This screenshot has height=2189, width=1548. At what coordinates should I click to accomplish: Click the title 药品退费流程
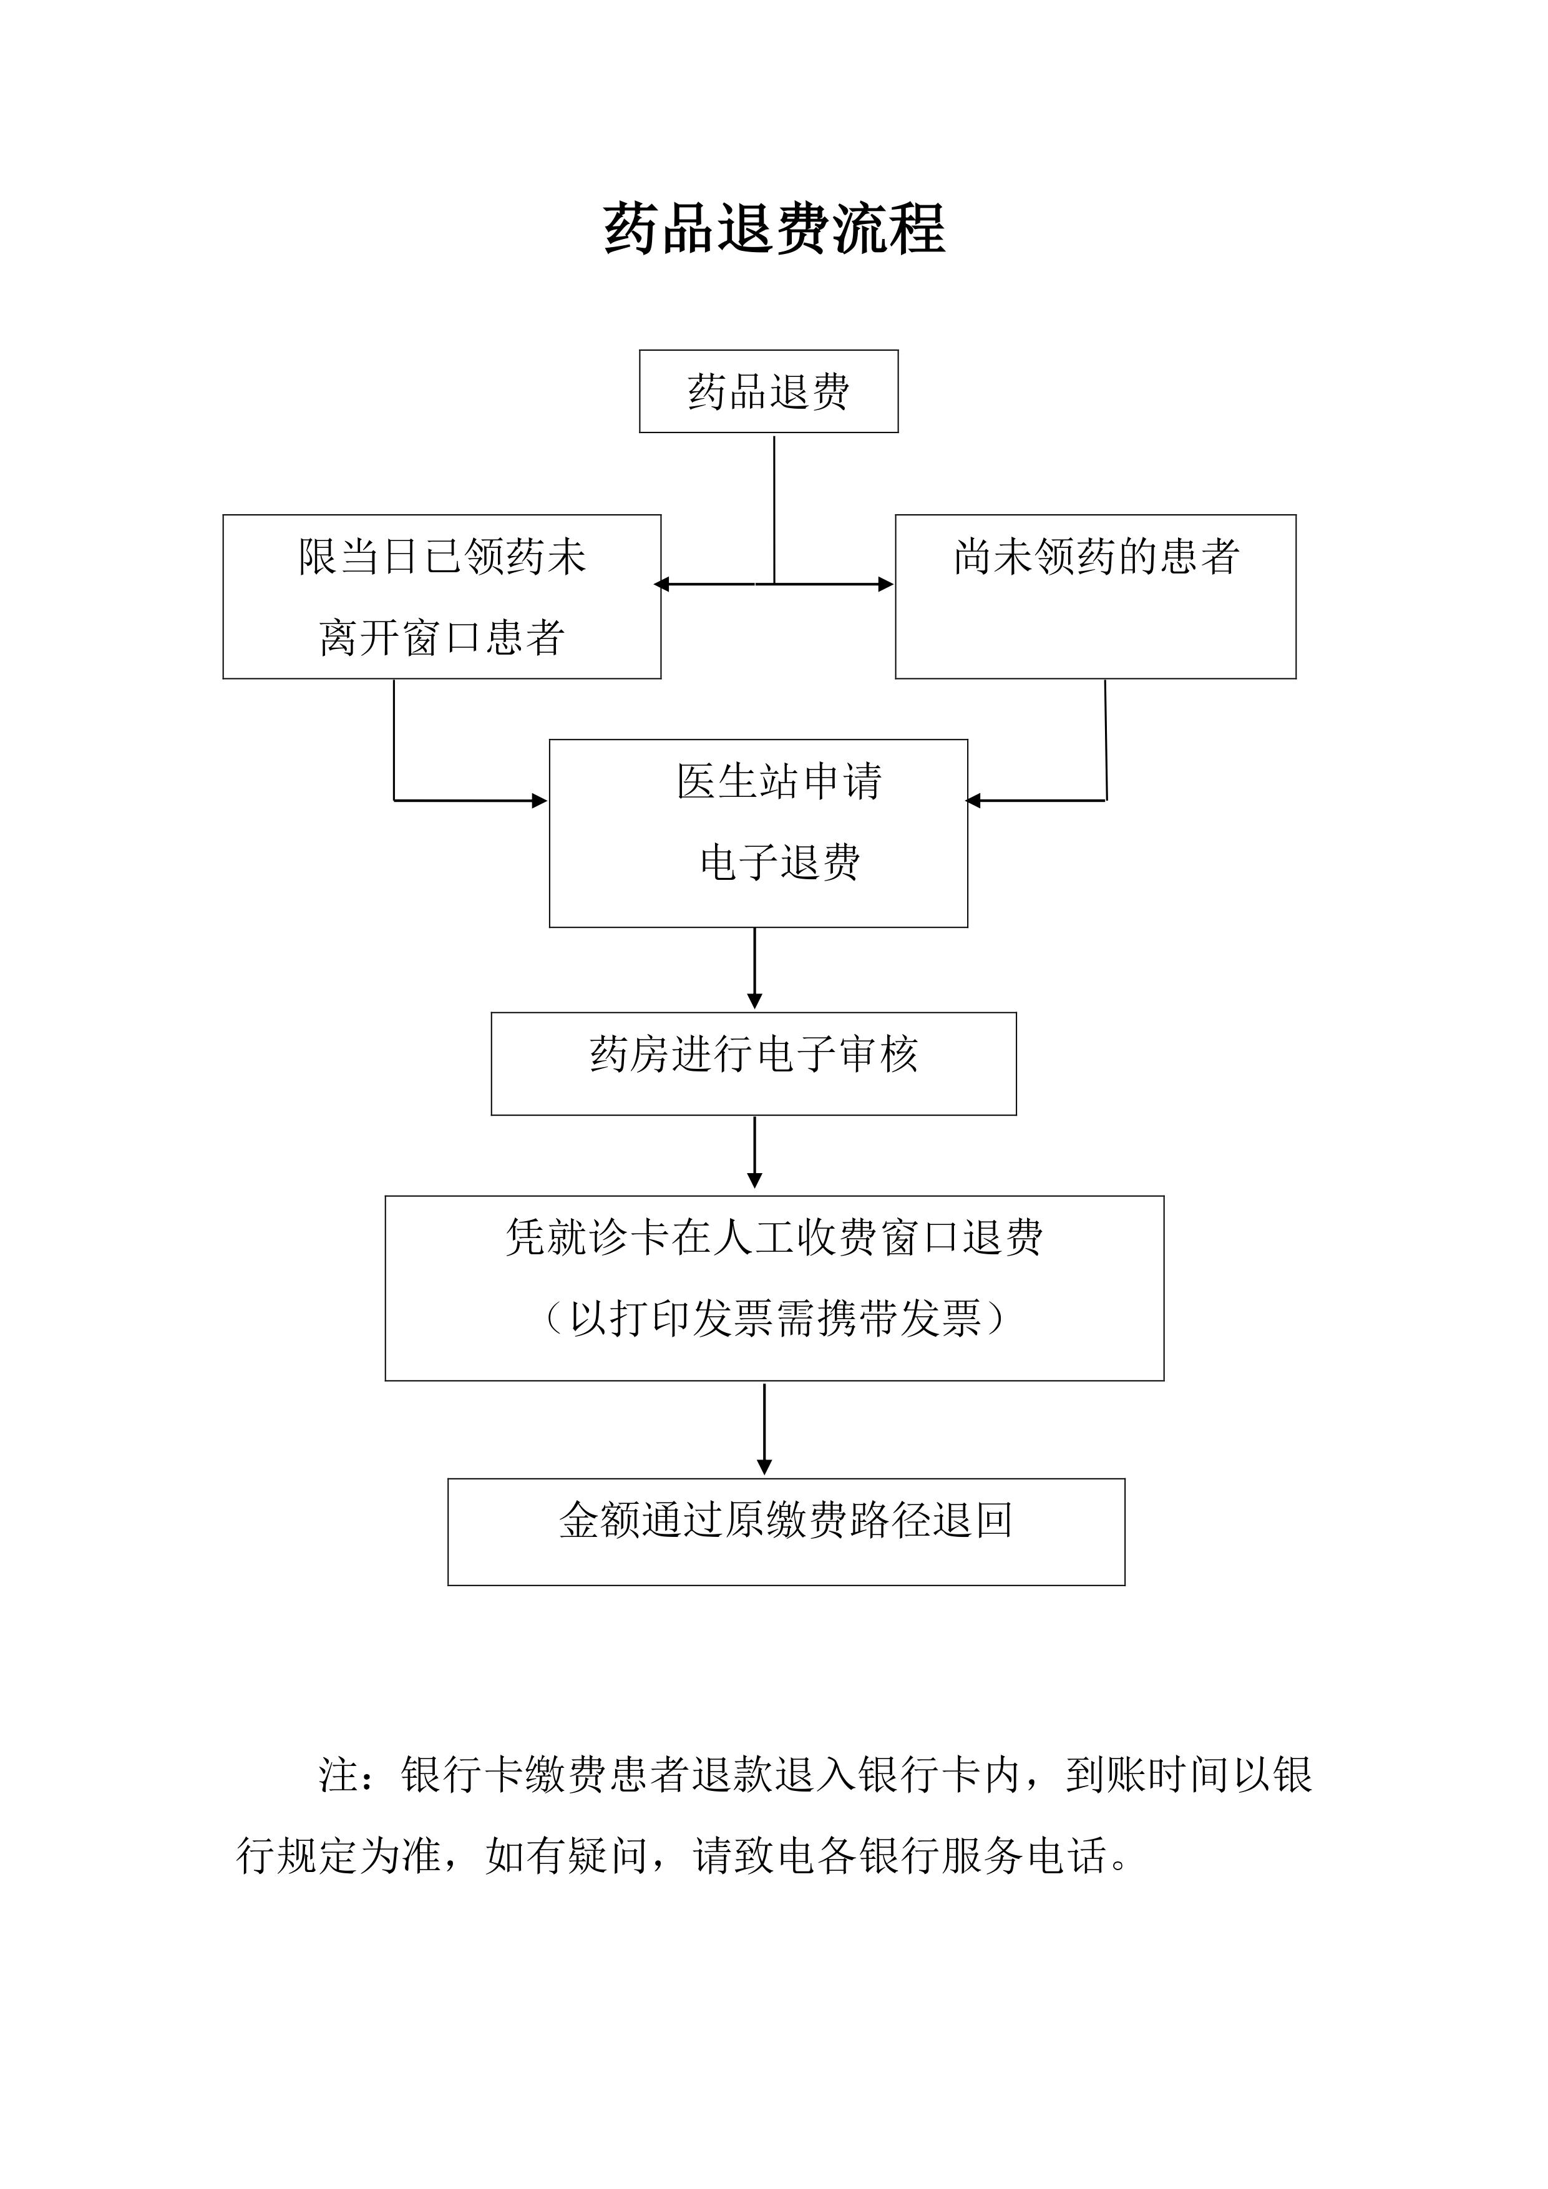tap(774, 230)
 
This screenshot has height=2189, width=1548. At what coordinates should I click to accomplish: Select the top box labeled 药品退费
tap(768, 391)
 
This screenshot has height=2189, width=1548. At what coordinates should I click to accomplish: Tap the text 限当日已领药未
tap(441, 557)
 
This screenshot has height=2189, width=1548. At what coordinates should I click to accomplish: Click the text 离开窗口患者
tap(441, 637)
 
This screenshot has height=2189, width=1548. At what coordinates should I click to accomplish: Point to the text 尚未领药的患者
tap(1096, 557)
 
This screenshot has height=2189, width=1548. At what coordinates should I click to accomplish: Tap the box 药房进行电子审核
tap(753, 1063)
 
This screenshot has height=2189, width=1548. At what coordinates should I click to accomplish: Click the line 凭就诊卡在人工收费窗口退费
tap(774, 1237)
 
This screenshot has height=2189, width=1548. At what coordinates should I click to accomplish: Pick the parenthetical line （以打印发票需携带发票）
tap(774, 1319)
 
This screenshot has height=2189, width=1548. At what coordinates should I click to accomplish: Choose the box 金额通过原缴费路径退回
tap(786, 1532)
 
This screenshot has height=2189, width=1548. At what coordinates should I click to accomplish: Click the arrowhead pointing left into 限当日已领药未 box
tap(661, 585)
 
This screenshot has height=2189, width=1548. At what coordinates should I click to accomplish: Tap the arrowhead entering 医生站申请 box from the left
tap(540, 801)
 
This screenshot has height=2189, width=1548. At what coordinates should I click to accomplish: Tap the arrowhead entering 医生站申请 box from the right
tap(973, 801)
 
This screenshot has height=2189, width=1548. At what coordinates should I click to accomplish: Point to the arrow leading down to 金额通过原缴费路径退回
tap(764, 1429)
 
